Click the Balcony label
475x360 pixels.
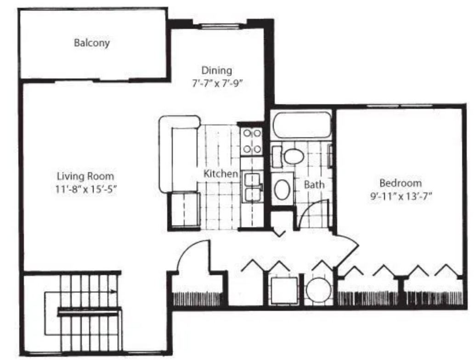pyautogui.click(x=92, y=43)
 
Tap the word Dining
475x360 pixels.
pyautogui.click(x=216, y=71)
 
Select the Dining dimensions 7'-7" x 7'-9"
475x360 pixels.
pyautogui.click(x=216, y=84)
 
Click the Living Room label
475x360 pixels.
pyautogui.click(x=85, y=176)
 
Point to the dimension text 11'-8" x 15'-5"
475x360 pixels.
pyautogui.click(x=85, y=189)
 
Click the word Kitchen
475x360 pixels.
pyautogui.click(x=221, y=174)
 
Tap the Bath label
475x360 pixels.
pyautogui.click(x=314, y=185)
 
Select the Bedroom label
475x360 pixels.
pyautogui.click(x=401, y=183)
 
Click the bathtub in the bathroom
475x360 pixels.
pyautogui.click(x=301, y=125)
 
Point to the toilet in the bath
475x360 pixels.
pyautogui.click(x=293, y=156)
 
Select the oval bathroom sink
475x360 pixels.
pyautogui.click(x=282, y=189)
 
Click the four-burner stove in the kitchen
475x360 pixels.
pyautogui.click(x=252, y=141)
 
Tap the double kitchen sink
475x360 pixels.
pyautogui.click(x=252, y=186)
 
